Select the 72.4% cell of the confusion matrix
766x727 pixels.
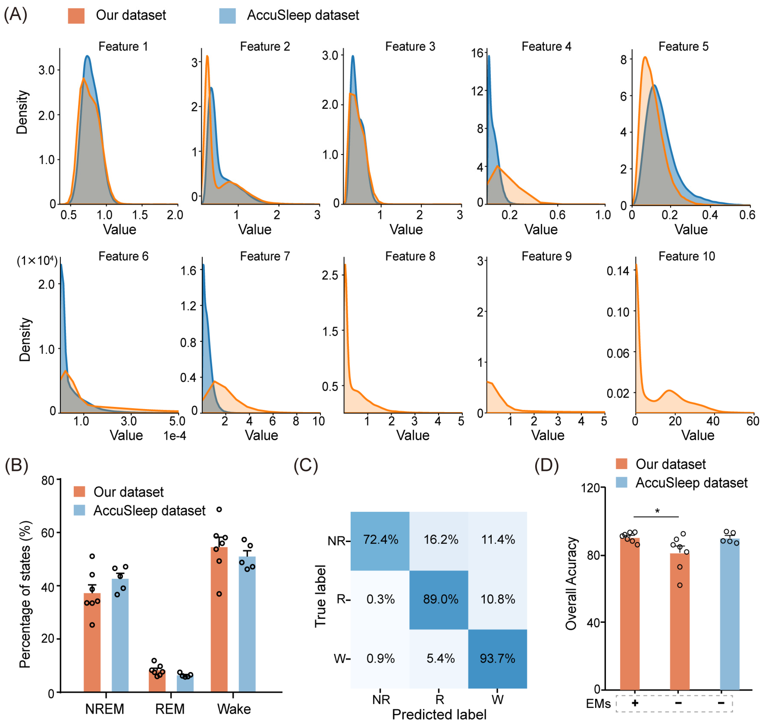click(x=380, y=540)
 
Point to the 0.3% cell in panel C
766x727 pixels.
click(x=380, y=599)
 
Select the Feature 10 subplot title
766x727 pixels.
click(x=687, y=256)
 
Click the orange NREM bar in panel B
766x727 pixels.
click(x=92, y=643)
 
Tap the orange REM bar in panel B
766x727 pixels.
click(x=157, y=682)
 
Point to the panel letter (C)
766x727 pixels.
click(x=306, y=465)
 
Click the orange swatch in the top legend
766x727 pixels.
click(x=76, y=16)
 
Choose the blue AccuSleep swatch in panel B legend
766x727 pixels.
click(x=79, y=510)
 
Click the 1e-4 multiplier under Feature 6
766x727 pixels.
click(x=175, y=436)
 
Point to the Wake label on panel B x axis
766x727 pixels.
click(x=234, y=709)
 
